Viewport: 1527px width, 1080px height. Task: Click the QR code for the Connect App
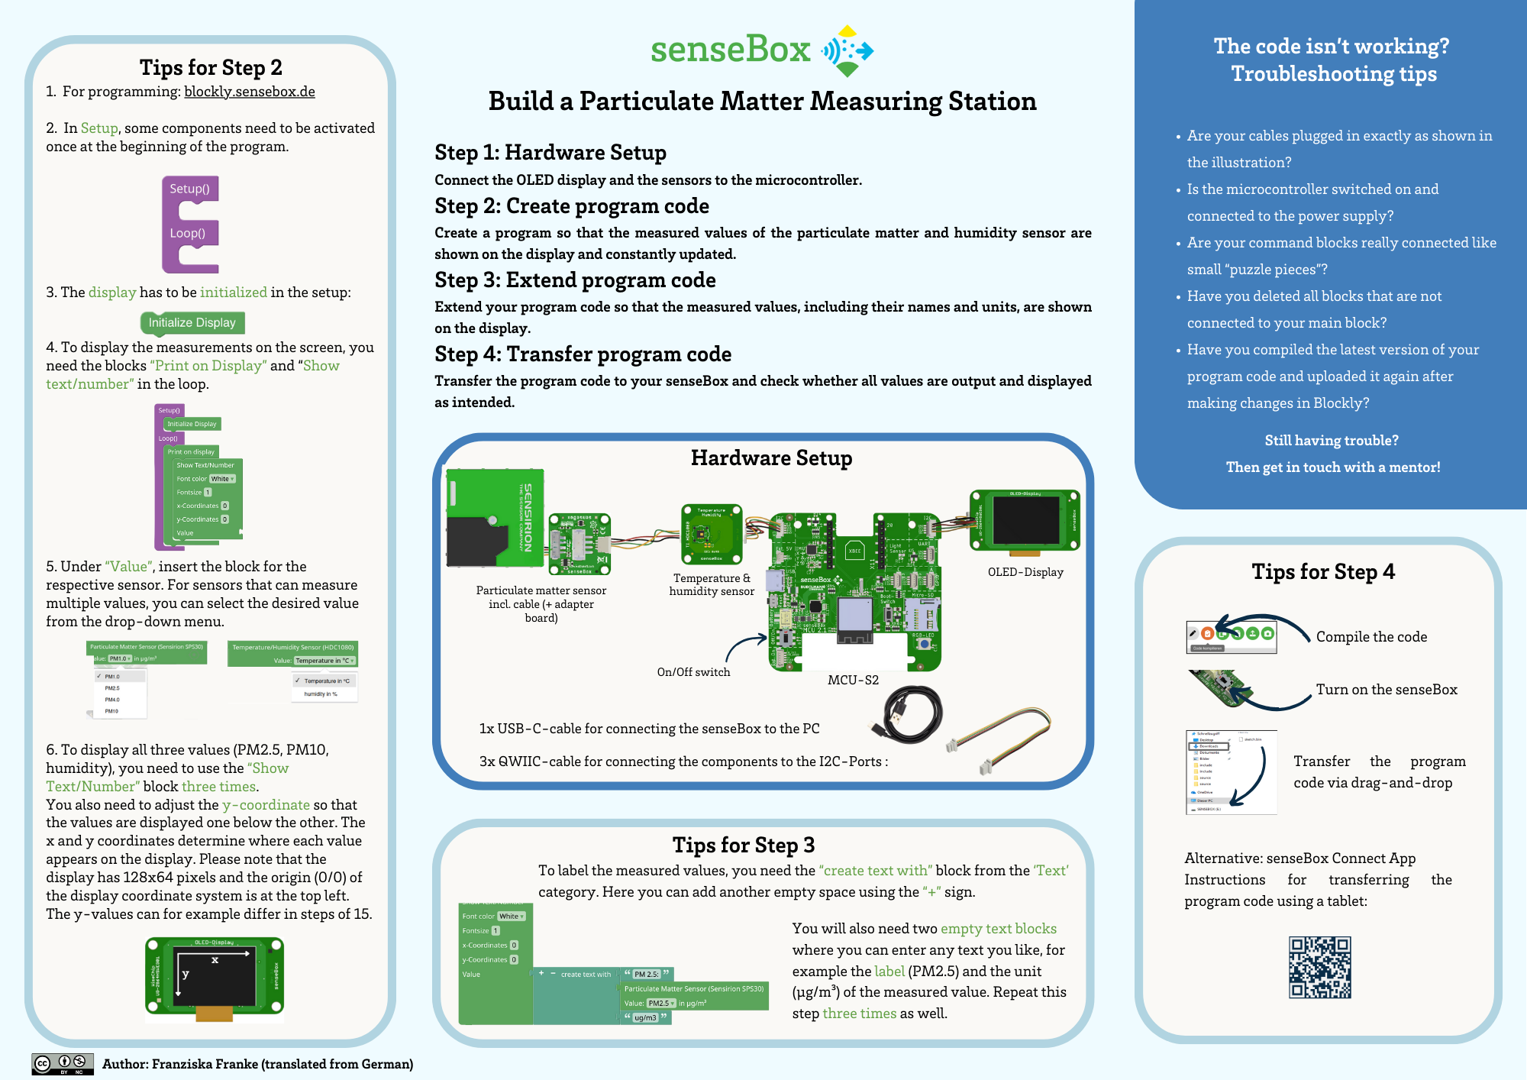(1319, 967)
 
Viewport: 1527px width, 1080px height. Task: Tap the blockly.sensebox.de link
(249, 92)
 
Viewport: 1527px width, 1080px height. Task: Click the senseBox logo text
(730, 50)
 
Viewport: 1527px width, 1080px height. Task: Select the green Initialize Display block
(192, 322)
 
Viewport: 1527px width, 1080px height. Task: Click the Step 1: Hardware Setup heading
(550, 153)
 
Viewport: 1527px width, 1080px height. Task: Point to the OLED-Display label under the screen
(1025, 572)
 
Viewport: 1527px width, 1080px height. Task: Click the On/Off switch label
(693, 672)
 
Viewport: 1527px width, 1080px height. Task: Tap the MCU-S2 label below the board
(853, 680)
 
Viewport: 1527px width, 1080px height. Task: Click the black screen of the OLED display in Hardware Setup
(1025, 520)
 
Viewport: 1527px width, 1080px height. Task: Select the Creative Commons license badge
(63, 1063)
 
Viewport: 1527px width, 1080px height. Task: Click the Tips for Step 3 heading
(743, 845)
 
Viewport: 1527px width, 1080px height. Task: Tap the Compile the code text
(1371, 637)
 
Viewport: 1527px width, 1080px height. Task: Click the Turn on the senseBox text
(1386, 690)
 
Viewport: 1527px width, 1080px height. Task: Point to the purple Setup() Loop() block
(190, 225)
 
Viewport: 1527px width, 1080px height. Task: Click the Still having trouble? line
(1332, 441)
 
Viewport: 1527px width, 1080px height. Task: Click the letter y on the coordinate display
(186, 974)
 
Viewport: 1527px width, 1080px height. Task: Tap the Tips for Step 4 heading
(1322, 572)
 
